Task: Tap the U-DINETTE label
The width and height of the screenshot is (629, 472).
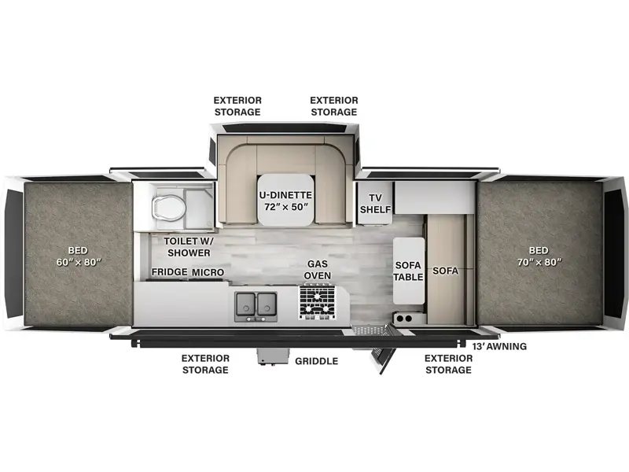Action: tap(285, 195)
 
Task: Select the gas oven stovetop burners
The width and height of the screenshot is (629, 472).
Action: tap(317, 301)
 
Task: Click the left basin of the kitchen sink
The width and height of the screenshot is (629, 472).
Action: tap(245, 304)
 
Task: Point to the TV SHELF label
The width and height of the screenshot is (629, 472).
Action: tap(376, 204)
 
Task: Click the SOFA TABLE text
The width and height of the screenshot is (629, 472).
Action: tap(408, 271)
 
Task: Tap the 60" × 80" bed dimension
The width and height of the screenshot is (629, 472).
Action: tap(78, 262)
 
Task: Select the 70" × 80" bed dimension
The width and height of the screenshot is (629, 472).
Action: tap(539, 262)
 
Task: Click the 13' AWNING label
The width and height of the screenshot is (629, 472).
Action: tap(499, 346)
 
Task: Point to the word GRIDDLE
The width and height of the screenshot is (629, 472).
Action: tap(317, 361)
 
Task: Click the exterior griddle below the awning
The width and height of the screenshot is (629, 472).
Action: tap(274, 356)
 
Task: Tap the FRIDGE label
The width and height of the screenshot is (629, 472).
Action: tap(169, 272)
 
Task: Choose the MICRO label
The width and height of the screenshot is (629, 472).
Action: tap(208, 272)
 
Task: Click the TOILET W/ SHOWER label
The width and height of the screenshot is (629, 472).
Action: tap(189, 247)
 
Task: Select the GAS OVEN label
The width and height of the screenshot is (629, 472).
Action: tap(318, 270)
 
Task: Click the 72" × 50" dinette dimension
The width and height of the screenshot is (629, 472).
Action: tap(286, 207)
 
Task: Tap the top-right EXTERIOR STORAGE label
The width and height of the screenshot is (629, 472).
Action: tap(333, 106)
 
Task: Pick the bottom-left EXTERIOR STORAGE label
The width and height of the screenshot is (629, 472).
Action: tap(205, 364)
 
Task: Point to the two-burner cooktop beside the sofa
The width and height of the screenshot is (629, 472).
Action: tap(405, 319)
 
